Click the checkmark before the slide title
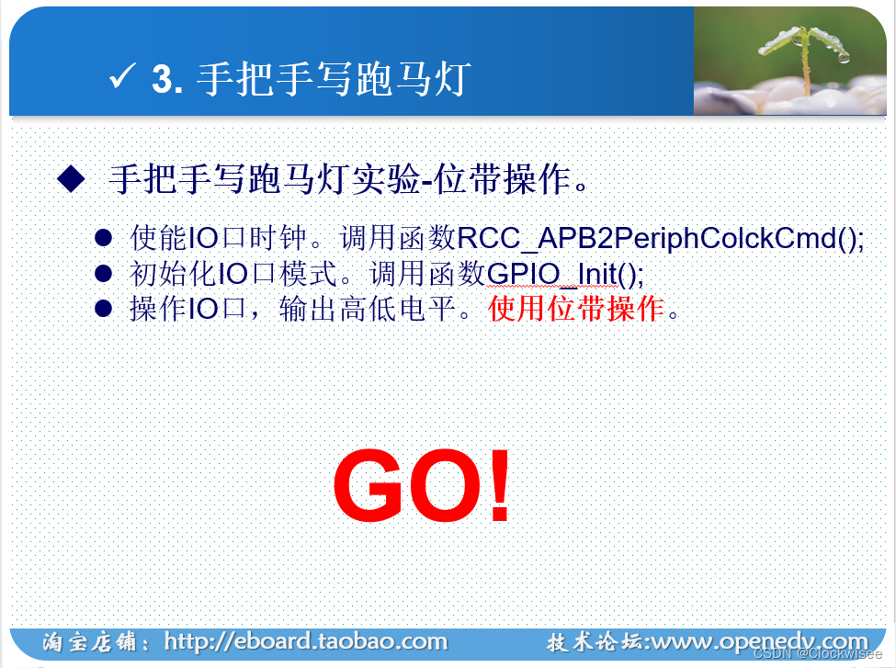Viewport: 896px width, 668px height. tap(122, 76)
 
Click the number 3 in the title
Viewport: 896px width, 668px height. tap(162, 78)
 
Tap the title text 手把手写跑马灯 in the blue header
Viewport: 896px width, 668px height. tap(334, 79)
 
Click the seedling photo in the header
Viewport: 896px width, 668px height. tap(789, 61)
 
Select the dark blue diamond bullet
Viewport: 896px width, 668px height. tap(72, 178)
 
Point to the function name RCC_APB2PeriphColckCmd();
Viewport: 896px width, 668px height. tap(661, 238)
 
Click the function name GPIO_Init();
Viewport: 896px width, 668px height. tap(565, 275)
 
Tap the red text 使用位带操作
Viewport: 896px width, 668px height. tap(576, 309)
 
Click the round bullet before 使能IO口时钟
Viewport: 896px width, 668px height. tap(104, 238)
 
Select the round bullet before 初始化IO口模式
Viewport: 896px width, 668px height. tap(104, 274)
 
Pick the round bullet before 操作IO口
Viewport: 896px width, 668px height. tap(104, 309)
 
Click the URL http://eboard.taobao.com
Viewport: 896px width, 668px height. tap(306, 641)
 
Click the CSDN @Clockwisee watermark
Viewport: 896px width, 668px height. tap(818, 653)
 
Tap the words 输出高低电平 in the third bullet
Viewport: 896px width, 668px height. tap(368, 309)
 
